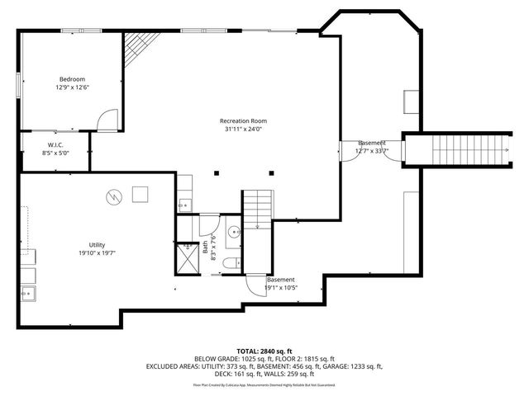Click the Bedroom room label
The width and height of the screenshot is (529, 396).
point(72,79)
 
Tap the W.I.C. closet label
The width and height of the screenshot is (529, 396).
point(55,145)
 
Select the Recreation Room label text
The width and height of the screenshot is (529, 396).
point(243,121)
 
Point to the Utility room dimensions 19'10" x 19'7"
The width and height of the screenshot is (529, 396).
point(98,253)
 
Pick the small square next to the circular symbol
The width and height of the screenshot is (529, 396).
point(141,195)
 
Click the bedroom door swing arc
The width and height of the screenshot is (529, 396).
point(107,122)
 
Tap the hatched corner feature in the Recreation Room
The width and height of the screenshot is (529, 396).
point(136,50)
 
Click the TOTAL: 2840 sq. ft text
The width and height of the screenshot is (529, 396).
point(264,351)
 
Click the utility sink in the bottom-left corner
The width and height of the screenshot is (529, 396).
point(27,292)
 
